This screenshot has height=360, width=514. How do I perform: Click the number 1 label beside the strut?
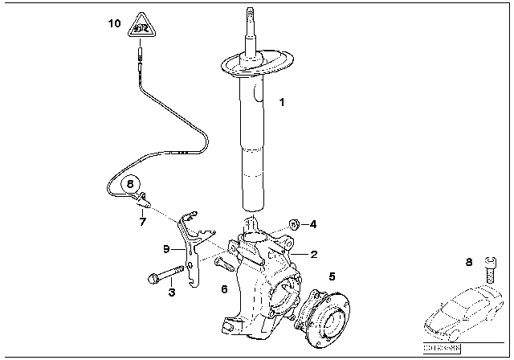click(281, 102)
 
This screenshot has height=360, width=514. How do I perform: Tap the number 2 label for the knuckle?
click(314, 254)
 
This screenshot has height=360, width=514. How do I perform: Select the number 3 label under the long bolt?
click(171, 293)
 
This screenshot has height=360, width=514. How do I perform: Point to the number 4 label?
click(314, 224)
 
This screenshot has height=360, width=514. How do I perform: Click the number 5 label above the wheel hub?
click(331, 276)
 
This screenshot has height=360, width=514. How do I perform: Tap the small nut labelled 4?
click(294, 223)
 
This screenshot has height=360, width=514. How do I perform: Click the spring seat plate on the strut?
click(255, 66)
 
